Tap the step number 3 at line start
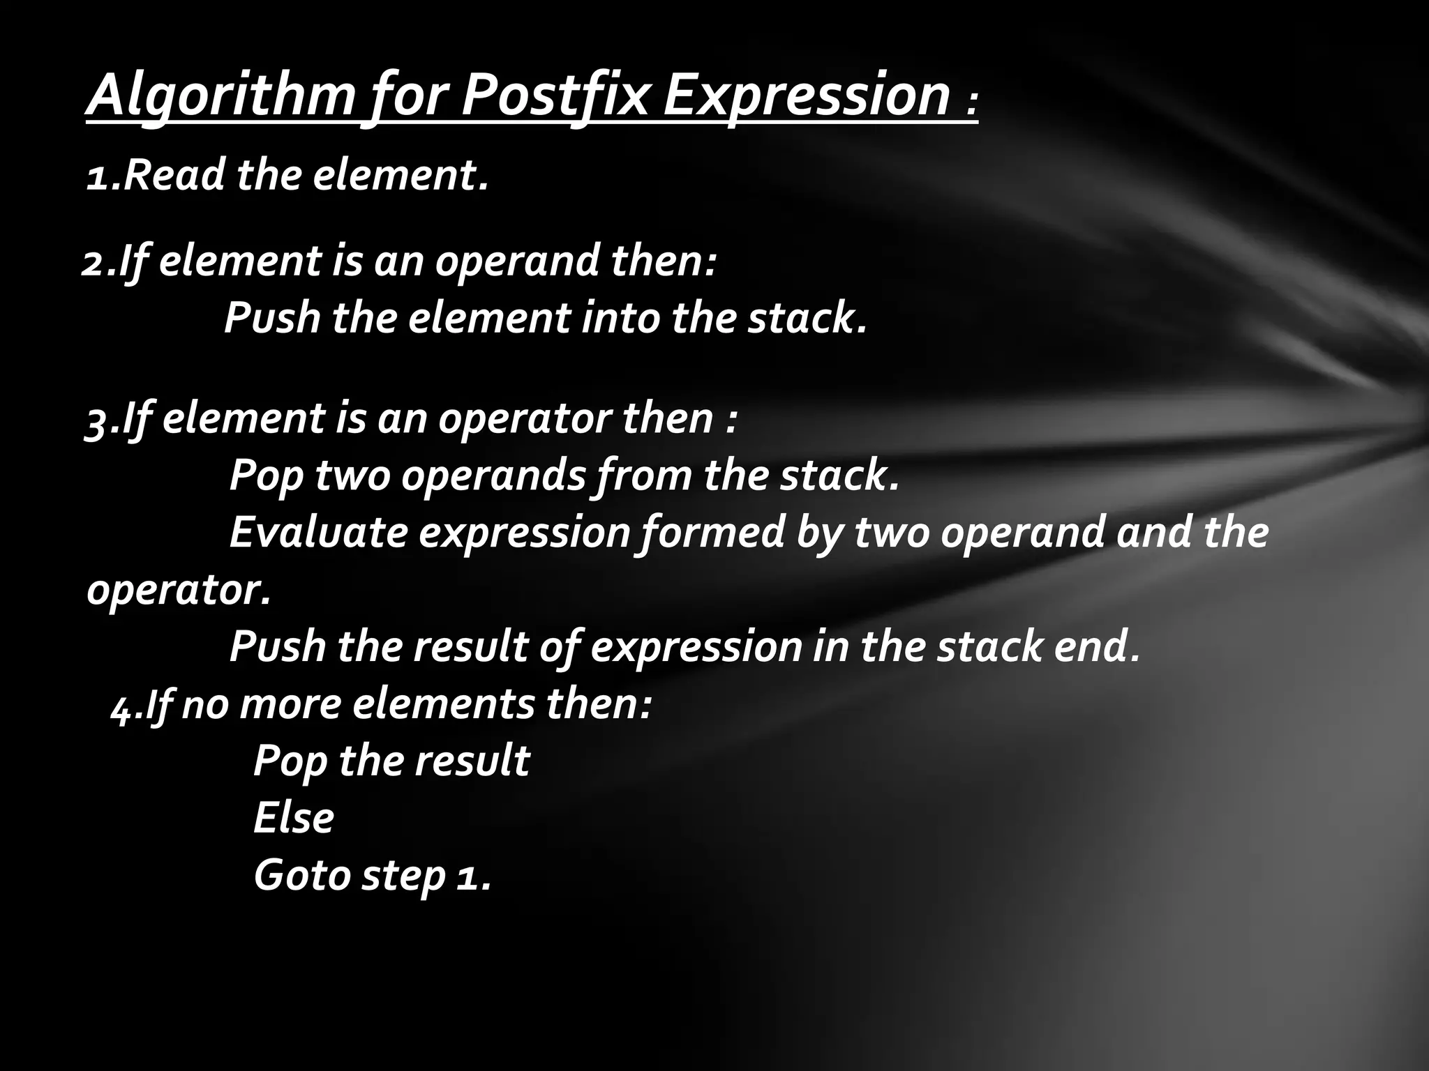coord(96,420)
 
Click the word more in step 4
coord(290,704)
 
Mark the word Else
coord(294,818)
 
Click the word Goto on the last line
coord(301,875)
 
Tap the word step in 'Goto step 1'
coord(403,876)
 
